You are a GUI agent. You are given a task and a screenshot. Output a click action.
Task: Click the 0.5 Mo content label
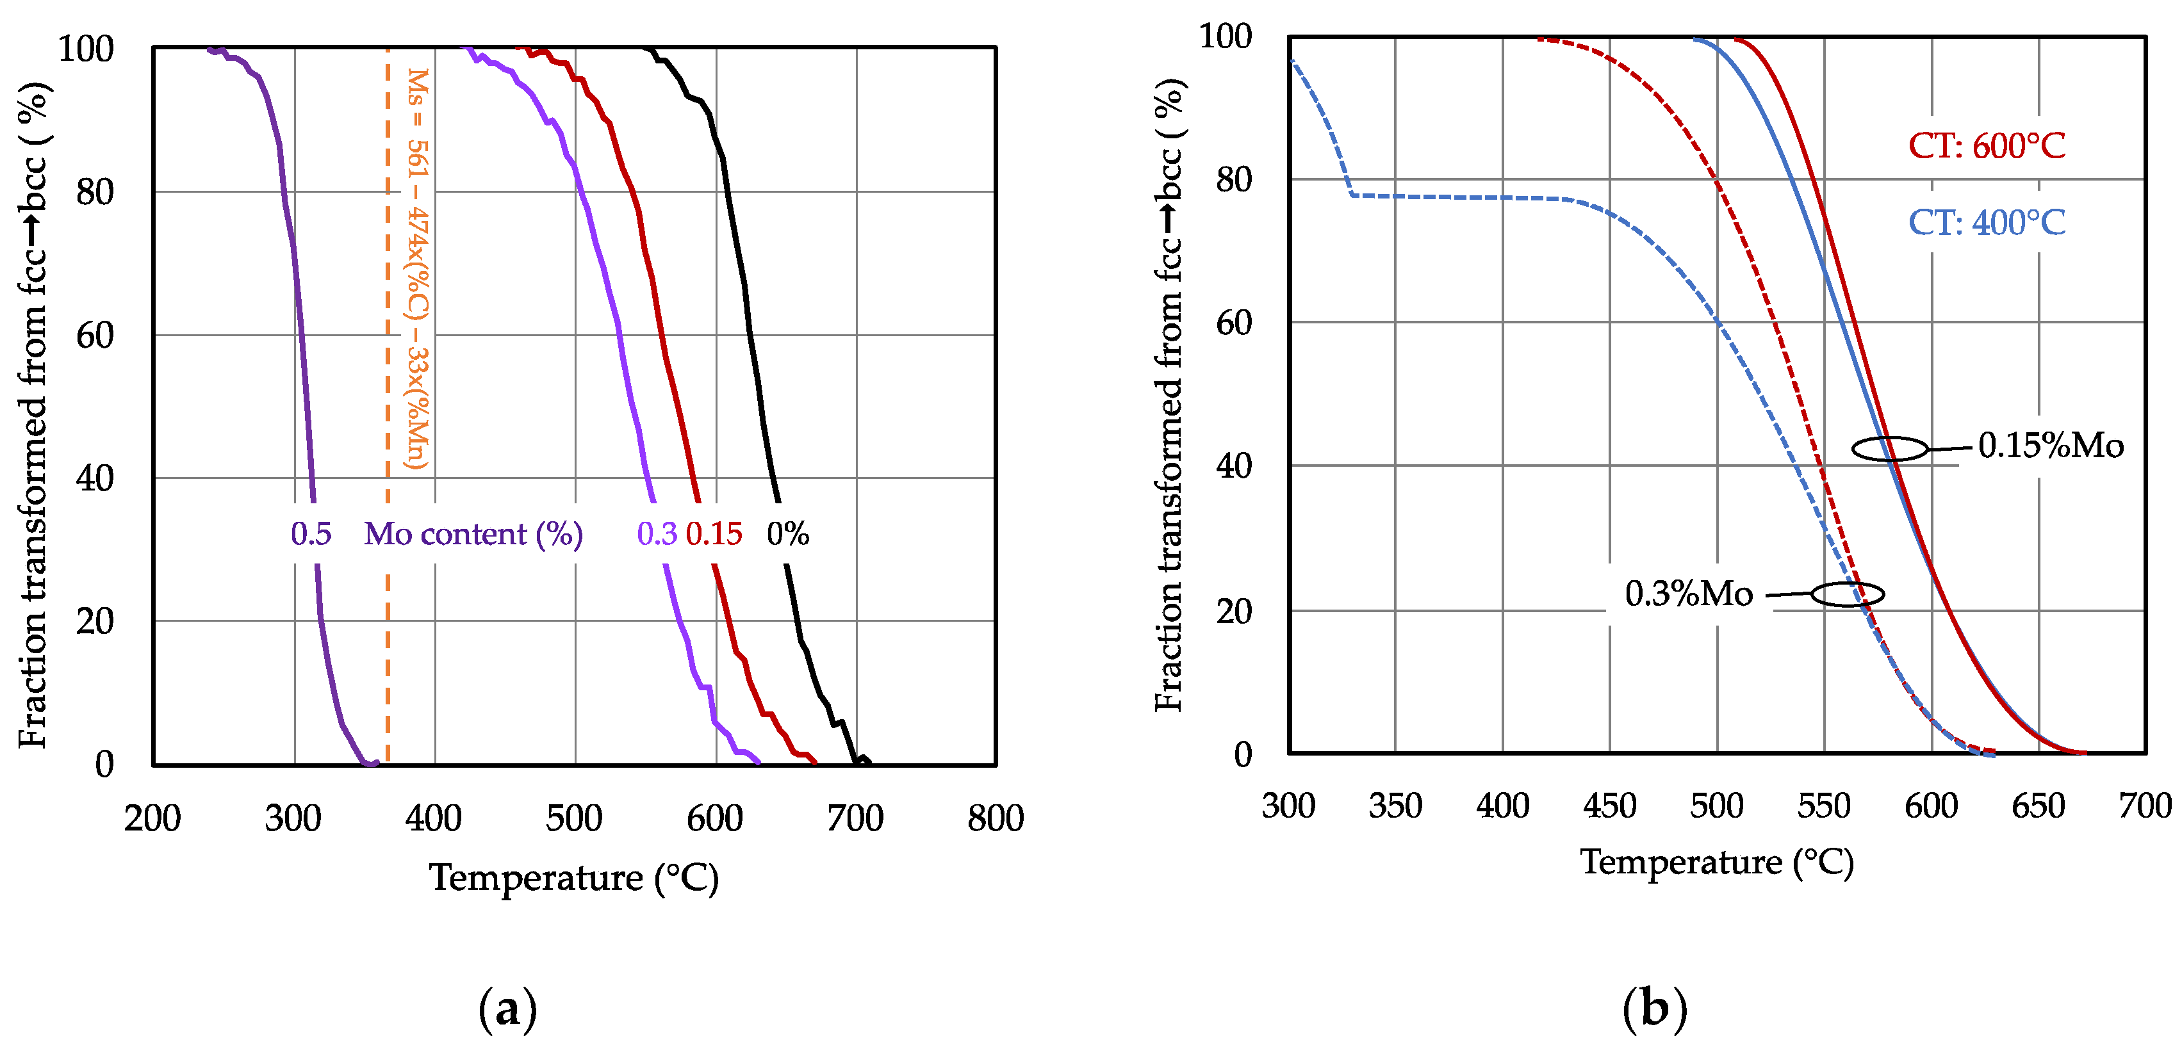coord(311,533)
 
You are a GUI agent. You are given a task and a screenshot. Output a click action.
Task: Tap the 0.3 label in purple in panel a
coord(657,533)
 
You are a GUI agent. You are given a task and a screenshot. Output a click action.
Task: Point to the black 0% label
coord(788,533)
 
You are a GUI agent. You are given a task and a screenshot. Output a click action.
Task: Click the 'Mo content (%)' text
coord(473,533)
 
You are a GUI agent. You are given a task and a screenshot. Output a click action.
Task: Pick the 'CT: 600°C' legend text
coord(1987,145)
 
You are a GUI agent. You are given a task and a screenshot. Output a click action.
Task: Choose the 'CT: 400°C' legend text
coord(1987,223)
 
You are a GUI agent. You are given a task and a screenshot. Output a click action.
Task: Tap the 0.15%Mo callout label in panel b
coord(2051,446)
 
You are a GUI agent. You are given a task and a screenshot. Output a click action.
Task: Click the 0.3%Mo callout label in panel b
coord(1688,594)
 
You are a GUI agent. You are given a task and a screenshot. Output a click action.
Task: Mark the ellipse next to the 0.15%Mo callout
coord(1890,448)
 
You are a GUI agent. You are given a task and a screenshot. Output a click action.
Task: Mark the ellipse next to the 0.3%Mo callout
coord(1848,594)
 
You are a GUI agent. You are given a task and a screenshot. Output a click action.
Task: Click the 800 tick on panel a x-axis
coord(996,818)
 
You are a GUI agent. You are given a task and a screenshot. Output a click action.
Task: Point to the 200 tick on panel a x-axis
coord(152,818)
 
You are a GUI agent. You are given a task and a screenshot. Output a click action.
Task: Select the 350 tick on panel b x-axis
coord(1395,806)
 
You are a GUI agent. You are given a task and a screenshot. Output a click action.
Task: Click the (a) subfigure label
coord(507,1009)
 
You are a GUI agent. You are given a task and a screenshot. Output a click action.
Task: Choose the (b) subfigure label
coord(1654,1009)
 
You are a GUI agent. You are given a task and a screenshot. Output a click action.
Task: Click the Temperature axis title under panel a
coord(574,877)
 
